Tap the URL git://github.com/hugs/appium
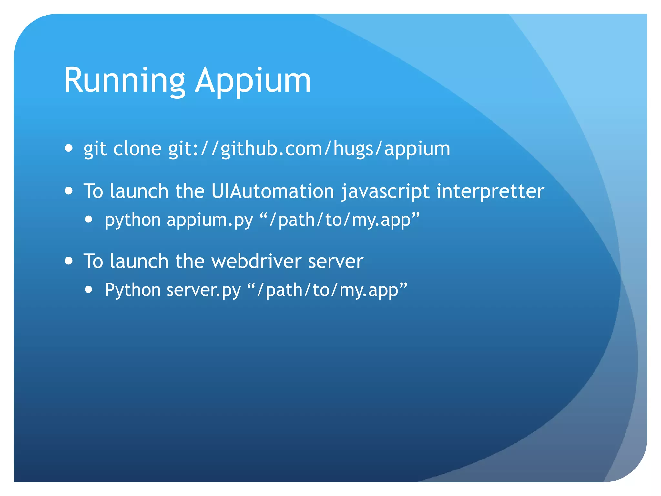(309, 149)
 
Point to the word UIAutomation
(273, 191)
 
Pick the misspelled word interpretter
(490, 191)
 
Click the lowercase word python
(133, 220)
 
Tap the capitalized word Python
(133, 290)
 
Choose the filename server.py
(204, 290)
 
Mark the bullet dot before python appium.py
(89, 220)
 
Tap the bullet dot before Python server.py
(89, 290)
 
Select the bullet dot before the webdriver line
(68, 260)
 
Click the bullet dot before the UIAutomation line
(68, 191)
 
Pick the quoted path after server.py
(327, 290)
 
